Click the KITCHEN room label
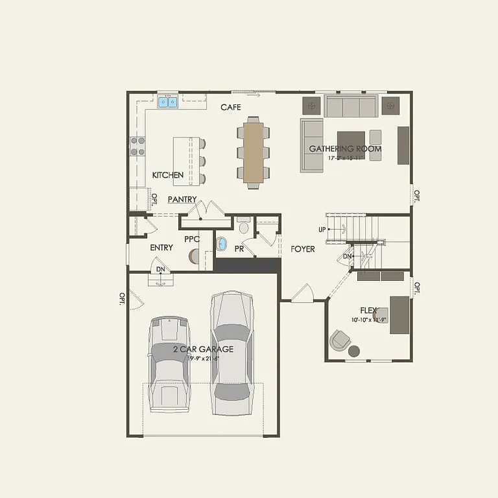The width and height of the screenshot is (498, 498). pyautogui.click(x=168, y=175)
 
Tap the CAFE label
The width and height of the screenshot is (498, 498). pyautogui.click(x=231, y=107)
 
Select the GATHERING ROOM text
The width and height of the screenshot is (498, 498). pyautogui.click(x=345, y=148)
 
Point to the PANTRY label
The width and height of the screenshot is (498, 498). pyautogui.click(x=182, y=200)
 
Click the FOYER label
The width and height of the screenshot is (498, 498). pyautogui.click(x=303, y=249)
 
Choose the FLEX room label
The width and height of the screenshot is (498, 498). pyautogui.click(x=369, y=311)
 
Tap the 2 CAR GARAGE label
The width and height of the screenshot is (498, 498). pyautogui.click(x=203, y=349)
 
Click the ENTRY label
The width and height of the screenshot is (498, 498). pyautogui.click(x=161, y=248)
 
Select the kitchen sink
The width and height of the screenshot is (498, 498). pyautogui.click(x=168, y=102)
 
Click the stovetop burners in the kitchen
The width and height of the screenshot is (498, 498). pyautogui.click(x=137, y=146)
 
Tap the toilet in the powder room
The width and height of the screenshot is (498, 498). pyautogui.click(x=244, y=227)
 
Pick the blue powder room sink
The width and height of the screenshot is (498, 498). pyautogui.click(x=222, y=244)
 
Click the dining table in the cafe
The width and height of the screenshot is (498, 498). pyautogui.click(x=254, y=152)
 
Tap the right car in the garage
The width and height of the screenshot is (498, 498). pyautogui.click(x=231, y=353)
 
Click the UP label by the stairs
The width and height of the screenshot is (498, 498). pyautogui.click(x=322, y=230)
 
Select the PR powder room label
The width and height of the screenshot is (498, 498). pyautogui.click(x=239, y=248)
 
